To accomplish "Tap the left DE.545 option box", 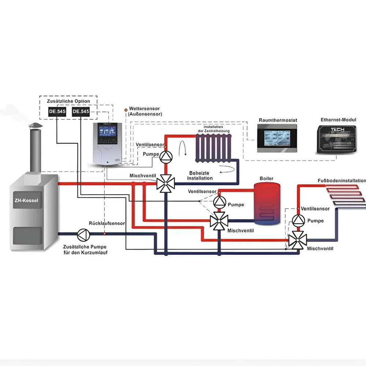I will (57, 112).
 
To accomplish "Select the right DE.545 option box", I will (81, 112).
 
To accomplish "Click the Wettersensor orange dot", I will (126, 109).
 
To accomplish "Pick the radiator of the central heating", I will (214, 148).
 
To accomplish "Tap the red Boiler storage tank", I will (268, 203).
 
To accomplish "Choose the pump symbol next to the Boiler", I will (220, 202).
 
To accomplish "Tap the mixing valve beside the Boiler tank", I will (219, 221).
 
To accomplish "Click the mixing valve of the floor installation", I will (298, 240).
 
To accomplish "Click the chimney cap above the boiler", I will (36, 126).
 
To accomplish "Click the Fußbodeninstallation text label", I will (341, 180).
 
